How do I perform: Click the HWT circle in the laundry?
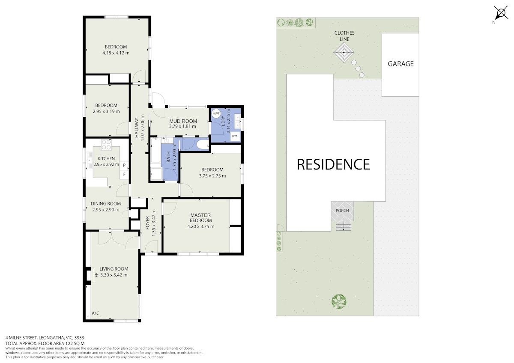pos(216,113)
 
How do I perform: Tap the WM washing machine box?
pos(235,136)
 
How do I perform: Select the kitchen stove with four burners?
pos(106,144)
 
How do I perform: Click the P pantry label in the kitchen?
pos(124,165)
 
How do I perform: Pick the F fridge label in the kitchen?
pos(124,175)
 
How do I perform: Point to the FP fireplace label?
pos(96,274)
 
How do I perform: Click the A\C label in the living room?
pos(96,313)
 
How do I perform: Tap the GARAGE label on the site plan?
pos(400,64)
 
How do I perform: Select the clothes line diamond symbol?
pos(344,53)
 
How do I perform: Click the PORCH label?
pos(342,211)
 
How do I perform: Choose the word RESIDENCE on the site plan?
pos(333,164)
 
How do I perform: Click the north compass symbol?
pos(500,14)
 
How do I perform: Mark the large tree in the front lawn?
pos(339,301)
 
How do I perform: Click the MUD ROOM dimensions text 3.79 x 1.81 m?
pos(182,126)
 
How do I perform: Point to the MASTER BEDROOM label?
pos(200,217)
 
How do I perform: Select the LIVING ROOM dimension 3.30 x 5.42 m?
pos(114,275)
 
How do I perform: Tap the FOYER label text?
pos(147,223)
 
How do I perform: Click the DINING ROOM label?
pos(106,204)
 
